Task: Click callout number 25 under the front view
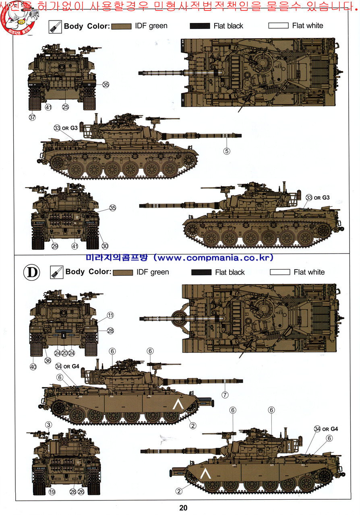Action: tap(65, 107)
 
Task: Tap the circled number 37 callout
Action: tap(32, 117)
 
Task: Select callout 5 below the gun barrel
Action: tap(227, 151)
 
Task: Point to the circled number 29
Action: tap(55, 246)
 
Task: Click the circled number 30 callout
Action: tap(105, 246)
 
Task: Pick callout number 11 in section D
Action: tap(110, 315)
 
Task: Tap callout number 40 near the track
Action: tap(33, 367)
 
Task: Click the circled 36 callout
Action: tap(48, 360)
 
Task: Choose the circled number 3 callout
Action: tap(48, 425)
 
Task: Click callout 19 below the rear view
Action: tap(52, 492)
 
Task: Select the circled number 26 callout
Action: tap(81, 492)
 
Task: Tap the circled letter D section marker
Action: tap(33, 272)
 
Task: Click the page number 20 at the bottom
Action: tap(184, 508)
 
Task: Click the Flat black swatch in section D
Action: tap(201, 272)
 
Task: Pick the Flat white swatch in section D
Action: tap(280, 272)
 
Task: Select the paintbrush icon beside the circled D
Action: tap(56, 272)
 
